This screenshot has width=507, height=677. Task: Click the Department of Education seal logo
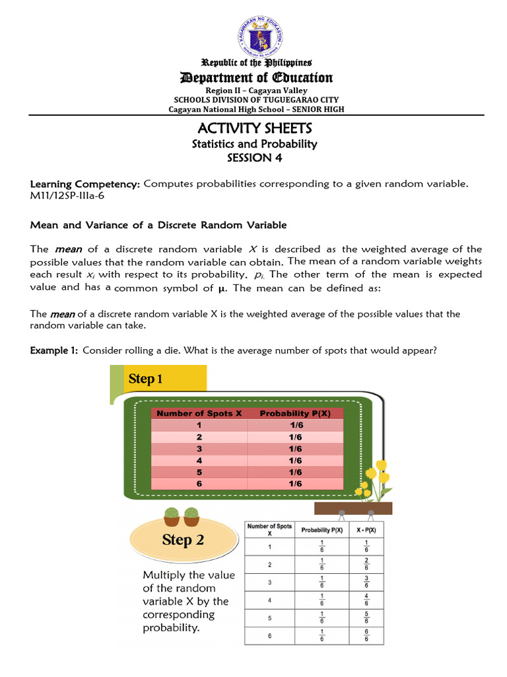click(256, 36)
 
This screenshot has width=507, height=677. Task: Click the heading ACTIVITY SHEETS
click(254, 128)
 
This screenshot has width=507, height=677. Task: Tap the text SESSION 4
click(254, 158)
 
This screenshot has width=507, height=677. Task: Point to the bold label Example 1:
click(54, 350)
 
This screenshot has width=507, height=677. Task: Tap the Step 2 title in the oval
click(183, 539)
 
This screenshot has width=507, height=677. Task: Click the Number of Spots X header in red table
click(199, 413)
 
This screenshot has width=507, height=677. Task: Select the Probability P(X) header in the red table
click(295, 413)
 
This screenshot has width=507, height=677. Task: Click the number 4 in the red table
click(199, 460)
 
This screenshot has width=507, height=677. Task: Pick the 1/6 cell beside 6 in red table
click(295, 484)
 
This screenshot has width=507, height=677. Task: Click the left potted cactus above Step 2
click(171, 514)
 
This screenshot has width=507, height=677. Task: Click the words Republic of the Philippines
click(256, 63)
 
